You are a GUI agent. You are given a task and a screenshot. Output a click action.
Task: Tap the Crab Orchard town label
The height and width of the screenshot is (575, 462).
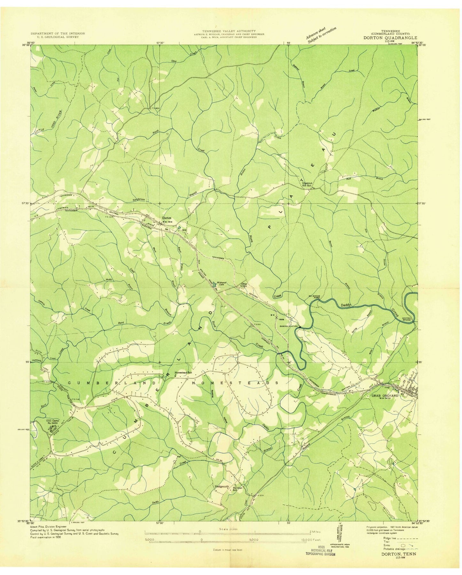(385, 396)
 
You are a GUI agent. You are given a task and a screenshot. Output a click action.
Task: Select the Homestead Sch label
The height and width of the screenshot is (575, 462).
(183, 373)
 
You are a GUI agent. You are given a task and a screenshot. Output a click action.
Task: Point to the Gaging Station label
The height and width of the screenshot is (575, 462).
(289, 326)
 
